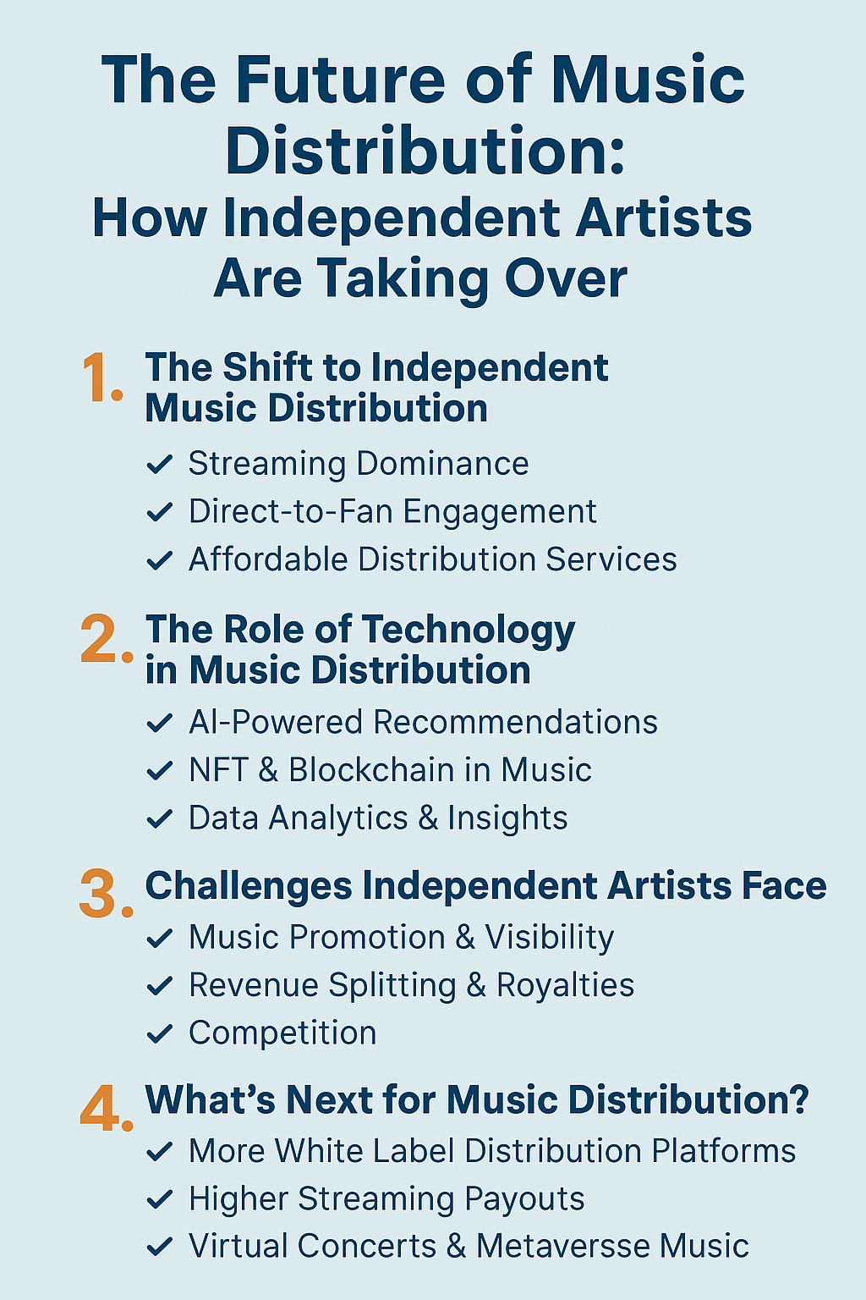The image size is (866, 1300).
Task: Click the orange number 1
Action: tap(99, 378)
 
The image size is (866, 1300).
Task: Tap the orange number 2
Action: tap(103, 640)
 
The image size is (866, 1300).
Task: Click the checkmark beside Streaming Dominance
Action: tap(159, 465)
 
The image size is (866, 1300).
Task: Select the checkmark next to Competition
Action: tap(159, 1033)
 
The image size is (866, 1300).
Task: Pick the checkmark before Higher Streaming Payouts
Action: tap(159, 1199)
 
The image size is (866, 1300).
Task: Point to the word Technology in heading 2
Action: tap(469, 631)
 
